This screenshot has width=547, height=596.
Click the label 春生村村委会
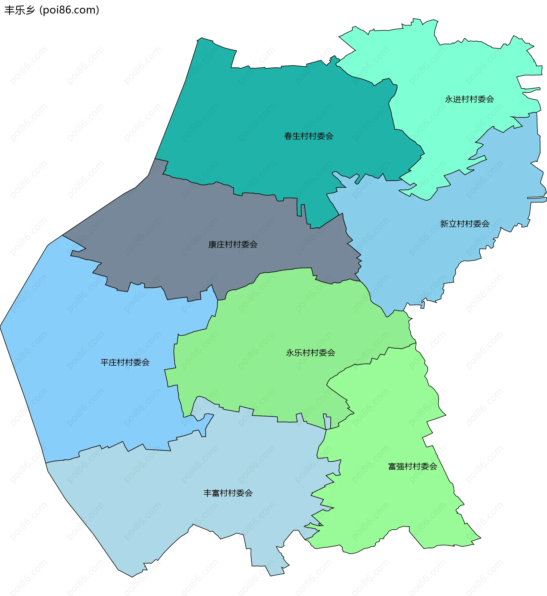pos(309,136)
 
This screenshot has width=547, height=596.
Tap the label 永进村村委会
pos(470,99)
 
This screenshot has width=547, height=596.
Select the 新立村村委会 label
pos(465,224)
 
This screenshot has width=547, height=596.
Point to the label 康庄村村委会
pos(233,244)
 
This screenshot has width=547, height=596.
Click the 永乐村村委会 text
pos(311,353)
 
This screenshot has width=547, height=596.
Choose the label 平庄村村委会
pos(125,362)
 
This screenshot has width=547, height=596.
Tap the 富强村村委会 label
pos(413,466)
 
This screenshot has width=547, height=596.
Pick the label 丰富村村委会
pos(228,493)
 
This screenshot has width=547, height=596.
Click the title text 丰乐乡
pos(20,10)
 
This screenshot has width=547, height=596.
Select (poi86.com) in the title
pos(69,10)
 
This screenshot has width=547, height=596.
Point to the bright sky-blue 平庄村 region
pos(89,399)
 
